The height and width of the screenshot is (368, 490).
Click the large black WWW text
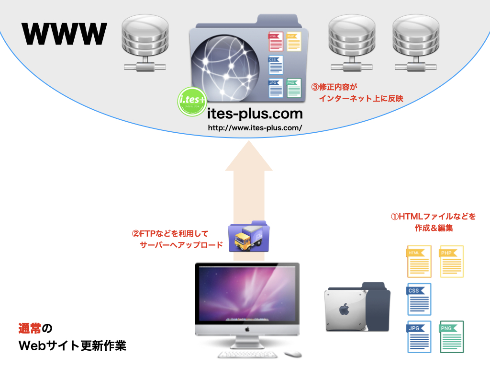65,34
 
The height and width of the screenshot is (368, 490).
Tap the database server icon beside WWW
145,43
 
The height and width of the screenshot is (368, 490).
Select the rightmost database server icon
416,43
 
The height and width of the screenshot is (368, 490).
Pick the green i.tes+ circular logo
192,102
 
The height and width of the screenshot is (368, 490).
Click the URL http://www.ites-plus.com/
255,127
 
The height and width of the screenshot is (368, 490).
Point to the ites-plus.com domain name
255,114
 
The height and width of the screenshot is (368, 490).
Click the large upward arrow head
249,156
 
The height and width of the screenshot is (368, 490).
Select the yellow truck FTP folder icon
249,237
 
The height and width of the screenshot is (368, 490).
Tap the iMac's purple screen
247,294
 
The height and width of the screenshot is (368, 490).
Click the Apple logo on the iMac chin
247,329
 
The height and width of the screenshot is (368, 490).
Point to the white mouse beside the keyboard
293,354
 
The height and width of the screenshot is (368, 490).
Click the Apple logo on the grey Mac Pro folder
344,309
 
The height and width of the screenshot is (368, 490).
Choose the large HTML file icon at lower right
419,261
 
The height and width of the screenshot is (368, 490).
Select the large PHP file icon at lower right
452,261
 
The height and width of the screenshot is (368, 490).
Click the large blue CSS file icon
419,299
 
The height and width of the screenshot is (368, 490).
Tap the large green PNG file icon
452,337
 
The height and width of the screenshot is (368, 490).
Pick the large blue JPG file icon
419,337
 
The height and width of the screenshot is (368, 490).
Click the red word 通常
30,328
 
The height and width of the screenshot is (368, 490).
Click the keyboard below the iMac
247,355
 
